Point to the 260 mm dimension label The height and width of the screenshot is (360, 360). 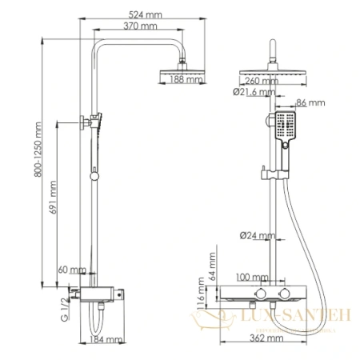tap(258, 80)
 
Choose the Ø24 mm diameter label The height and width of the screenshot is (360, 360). tap(258, 235)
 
